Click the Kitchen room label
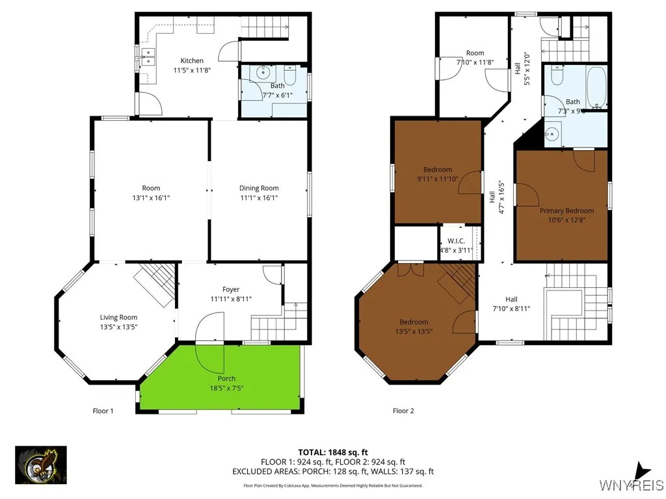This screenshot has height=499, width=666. pyautogui.click(x=192, y=60)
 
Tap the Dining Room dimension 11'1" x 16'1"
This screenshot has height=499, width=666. pyautogui.click(x=259, y=198)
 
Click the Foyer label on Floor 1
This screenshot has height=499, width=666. pyautogui.click(x=230, y=289)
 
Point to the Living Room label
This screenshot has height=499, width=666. pyautogui.click(x=118, y=317)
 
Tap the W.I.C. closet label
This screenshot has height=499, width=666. pyautogui.click(x=459, y=240)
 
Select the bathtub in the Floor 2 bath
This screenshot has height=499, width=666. pyautogui.click(x=596, y=88)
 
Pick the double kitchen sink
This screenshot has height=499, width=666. pyautogui.click(x=148, y=57)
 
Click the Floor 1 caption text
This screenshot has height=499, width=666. pyautogui.click(x=103, y=411)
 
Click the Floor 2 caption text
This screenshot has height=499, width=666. pyautogui.click(x=403, y=411)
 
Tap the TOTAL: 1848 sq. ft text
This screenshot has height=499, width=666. pyautogui.click(x=333, y=452)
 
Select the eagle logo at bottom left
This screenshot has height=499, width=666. pyautogui.click(x=41, y=465)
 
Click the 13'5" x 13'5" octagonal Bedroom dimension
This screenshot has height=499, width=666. pyautogui.click(x=414, y=331)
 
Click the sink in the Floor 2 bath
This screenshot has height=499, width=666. pyautogui.click(x=552, y=134)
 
